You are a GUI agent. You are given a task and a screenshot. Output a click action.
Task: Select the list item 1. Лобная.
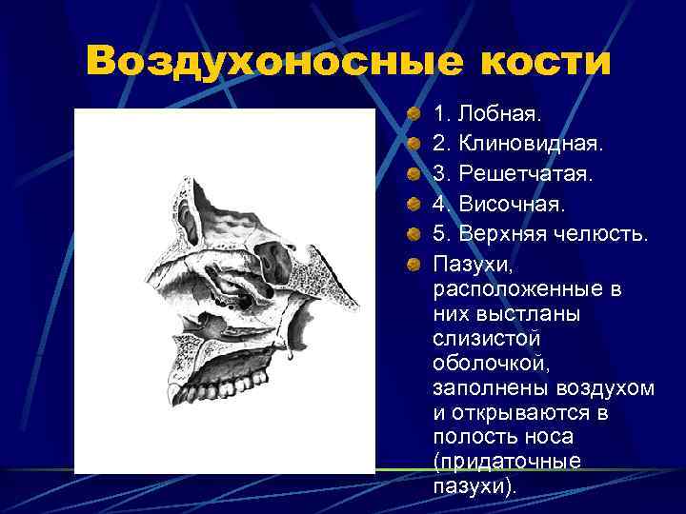pos(487,115)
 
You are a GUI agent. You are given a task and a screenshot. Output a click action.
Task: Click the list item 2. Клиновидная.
pos(517,145)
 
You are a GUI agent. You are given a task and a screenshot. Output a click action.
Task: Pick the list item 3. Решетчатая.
pos(512,174)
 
